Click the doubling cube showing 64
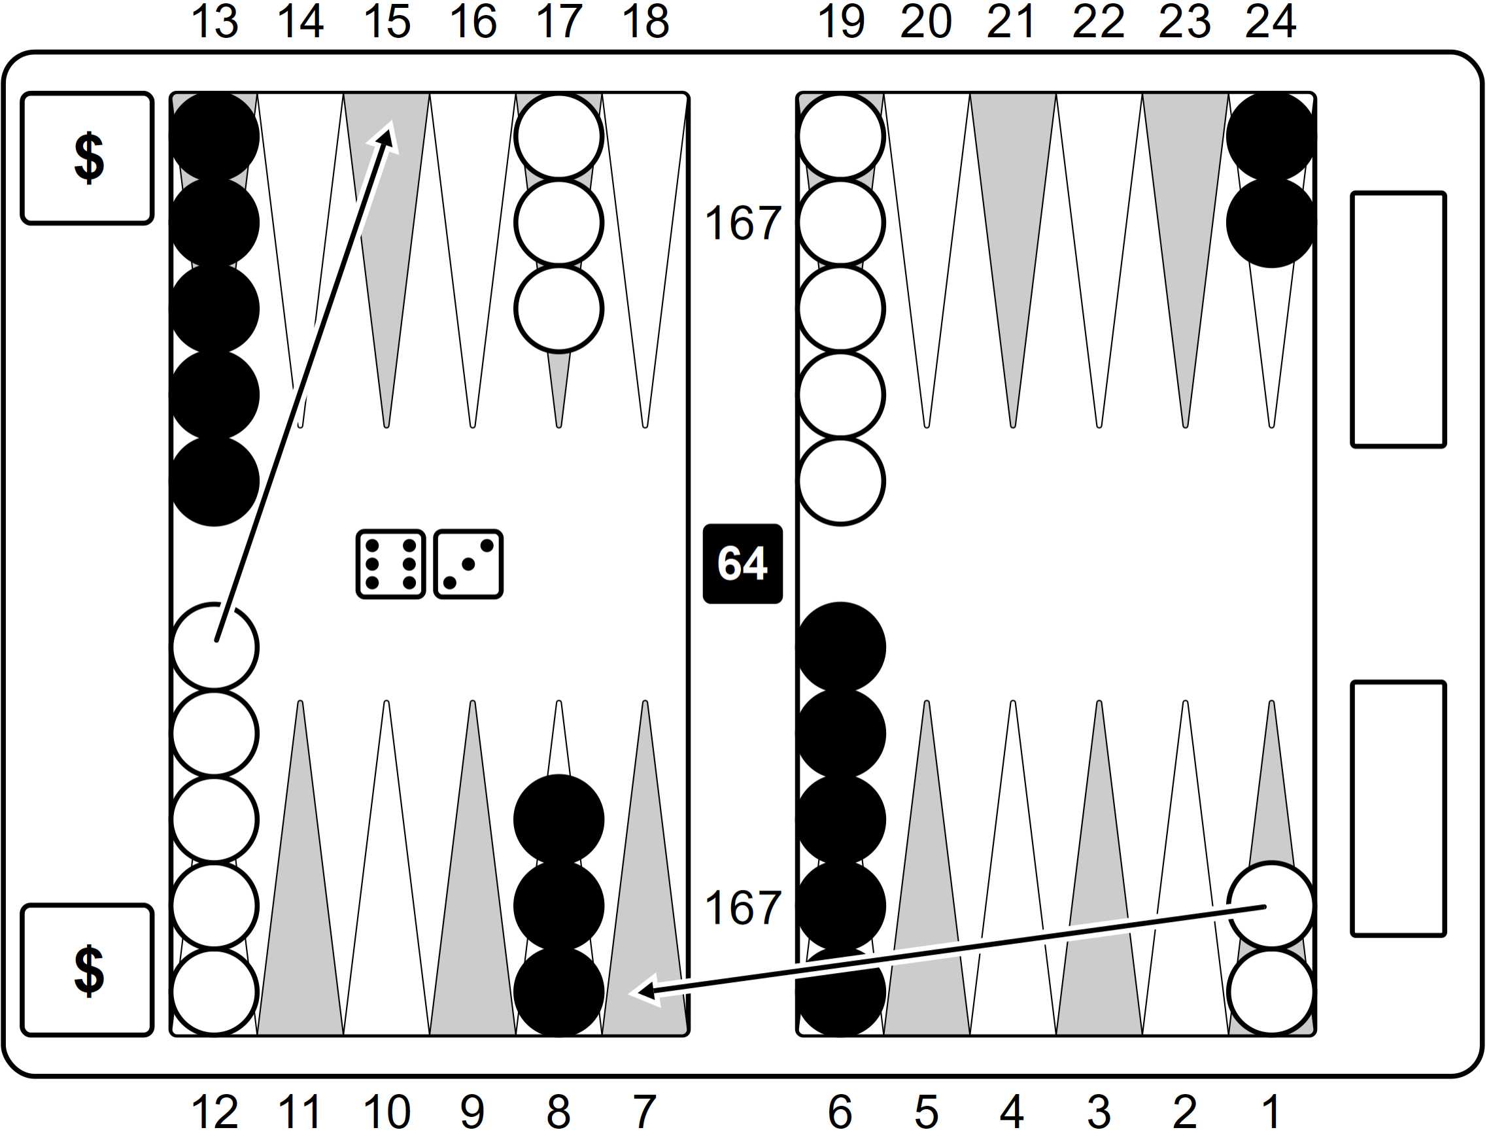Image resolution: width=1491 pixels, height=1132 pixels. point(742,564)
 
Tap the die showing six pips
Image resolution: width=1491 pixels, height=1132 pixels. point(390,564)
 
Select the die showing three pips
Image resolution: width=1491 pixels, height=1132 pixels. point(468,564)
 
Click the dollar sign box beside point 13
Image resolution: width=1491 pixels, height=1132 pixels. point(88,158)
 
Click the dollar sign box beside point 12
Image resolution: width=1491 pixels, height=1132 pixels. point(88,970)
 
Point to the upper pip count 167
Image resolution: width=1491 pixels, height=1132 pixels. point(743,223)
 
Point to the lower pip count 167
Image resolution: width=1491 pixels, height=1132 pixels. point(743,908)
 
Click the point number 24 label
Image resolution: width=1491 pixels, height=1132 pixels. point(1271,22)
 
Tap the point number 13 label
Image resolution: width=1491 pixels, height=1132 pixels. point(215,22)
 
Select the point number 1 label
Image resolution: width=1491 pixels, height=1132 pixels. point(1271,1110)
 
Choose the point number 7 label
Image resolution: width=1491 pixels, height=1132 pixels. point(645,1110)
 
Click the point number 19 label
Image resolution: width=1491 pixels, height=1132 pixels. point(841,22)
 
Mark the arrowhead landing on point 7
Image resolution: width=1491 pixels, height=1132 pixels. point(645,990)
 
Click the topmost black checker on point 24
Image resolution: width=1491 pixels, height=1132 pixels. point(1271,137)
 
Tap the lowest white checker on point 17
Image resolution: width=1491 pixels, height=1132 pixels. point(558,309)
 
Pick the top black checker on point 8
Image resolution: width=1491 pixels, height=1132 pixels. point(558,820)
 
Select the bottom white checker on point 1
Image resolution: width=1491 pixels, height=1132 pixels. point(1271,993)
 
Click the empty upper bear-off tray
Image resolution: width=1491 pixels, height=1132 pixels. point(1399,320)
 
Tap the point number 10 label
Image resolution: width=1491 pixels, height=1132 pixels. point(387,1110)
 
